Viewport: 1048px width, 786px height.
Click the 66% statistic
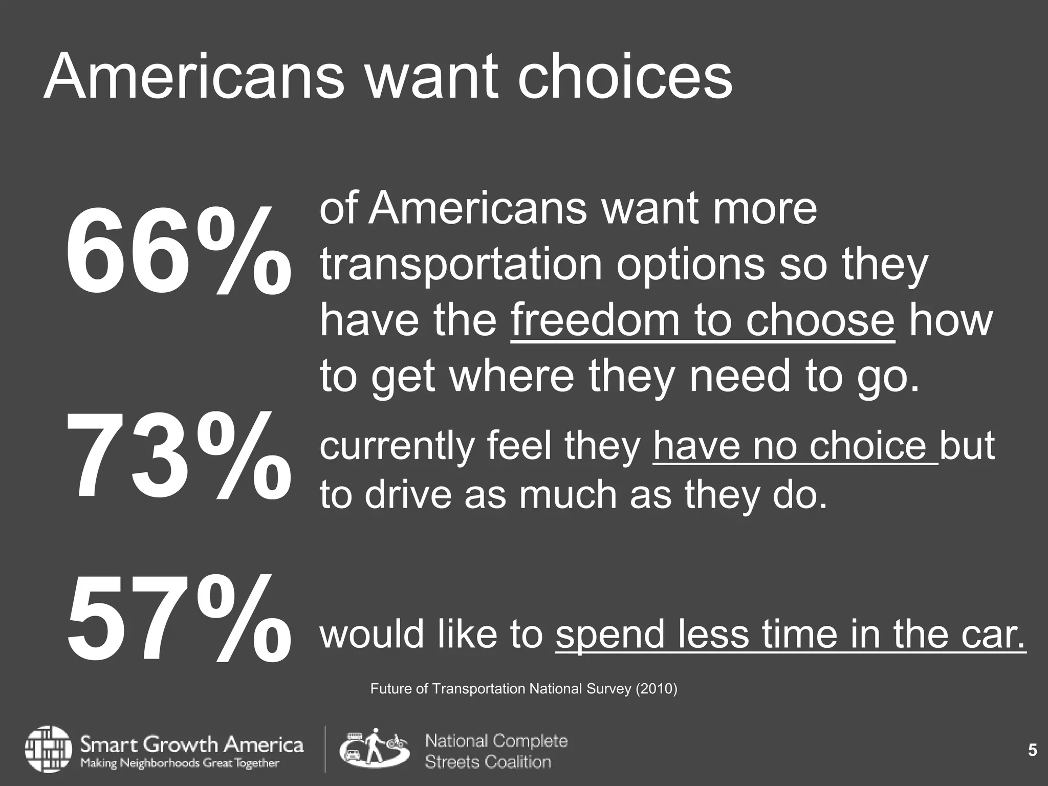tap(178, 251)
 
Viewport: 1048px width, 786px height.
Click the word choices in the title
tap(625, 77)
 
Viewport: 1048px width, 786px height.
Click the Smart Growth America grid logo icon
tap(48, 749)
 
